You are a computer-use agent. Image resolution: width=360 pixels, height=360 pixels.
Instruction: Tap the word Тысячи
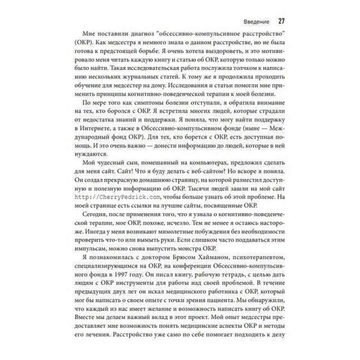pos(192,189)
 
